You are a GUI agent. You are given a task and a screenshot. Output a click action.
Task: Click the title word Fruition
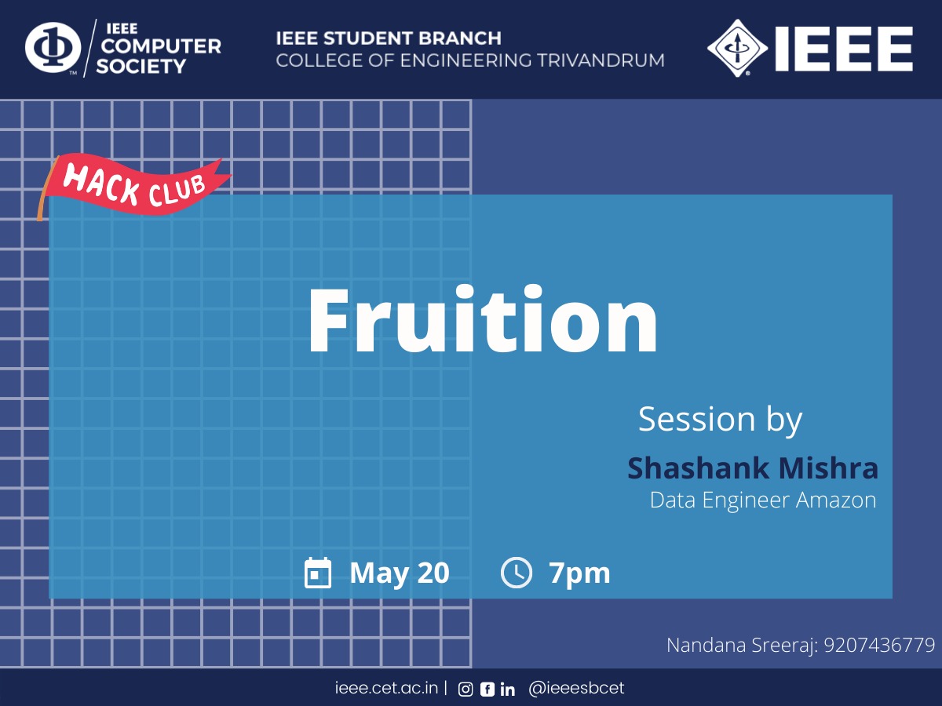(x=483, y=319)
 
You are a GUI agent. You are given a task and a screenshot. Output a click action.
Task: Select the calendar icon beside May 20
(x=318, y=573)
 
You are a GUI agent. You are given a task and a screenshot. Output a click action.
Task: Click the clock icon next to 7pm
(x=517, y=573)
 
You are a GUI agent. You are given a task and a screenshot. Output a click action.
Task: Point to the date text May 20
(x=400, y=573)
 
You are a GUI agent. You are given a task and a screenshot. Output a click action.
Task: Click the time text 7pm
(x=579, y=573)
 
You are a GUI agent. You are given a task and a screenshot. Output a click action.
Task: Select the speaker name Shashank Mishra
(x=753, y=468)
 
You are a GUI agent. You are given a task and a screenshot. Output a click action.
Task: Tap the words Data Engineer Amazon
(x=763, y=500)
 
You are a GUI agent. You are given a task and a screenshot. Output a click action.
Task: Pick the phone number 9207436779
(x=879, y=645)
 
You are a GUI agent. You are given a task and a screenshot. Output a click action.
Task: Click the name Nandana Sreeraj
(x=742, y=646)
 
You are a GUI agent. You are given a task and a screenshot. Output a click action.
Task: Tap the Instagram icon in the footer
(x=466, y=690)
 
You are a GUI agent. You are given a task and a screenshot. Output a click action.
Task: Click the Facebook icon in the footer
(x=487, y=690)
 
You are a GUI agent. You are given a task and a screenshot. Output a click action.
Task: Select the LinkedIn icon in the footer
(x=508, y=690)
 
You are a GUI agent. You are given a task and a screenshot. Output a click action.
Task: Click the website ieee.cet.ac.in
(x=387, y=688)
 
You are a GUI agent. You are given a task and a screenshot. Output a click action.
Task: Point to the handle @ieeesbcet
(x=576, y=688)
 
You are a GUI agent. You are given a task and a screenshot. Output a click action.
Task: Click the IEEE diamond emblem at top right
(x=737, y=48)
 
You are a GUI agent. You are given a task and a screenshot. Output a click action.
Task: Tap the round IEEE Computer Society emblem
(x=53, y=47)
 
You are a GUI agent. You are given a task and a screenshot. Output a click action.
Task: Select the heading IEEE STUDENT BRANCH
(x=389, y=38)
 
